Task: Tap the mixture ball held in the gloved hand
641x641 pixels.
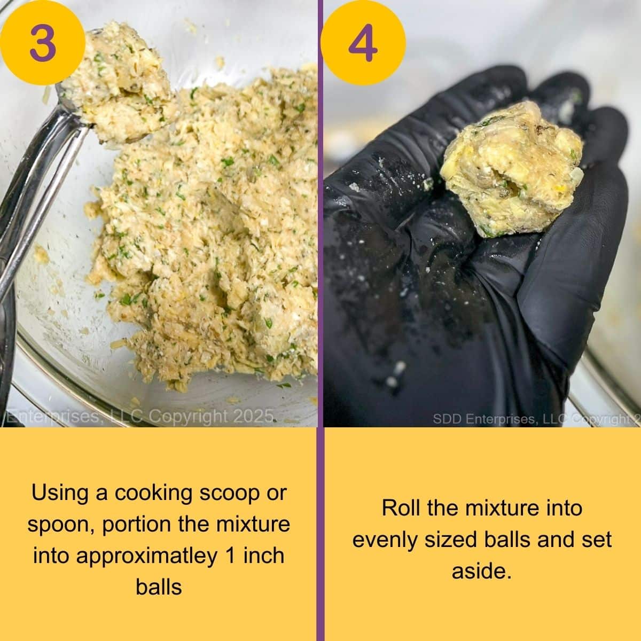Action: click(513, 168)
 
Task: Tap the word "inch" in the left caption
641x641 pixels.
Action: click(263, 556)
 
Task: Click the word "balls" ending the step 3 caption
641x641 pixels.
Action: click(159, 588)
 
